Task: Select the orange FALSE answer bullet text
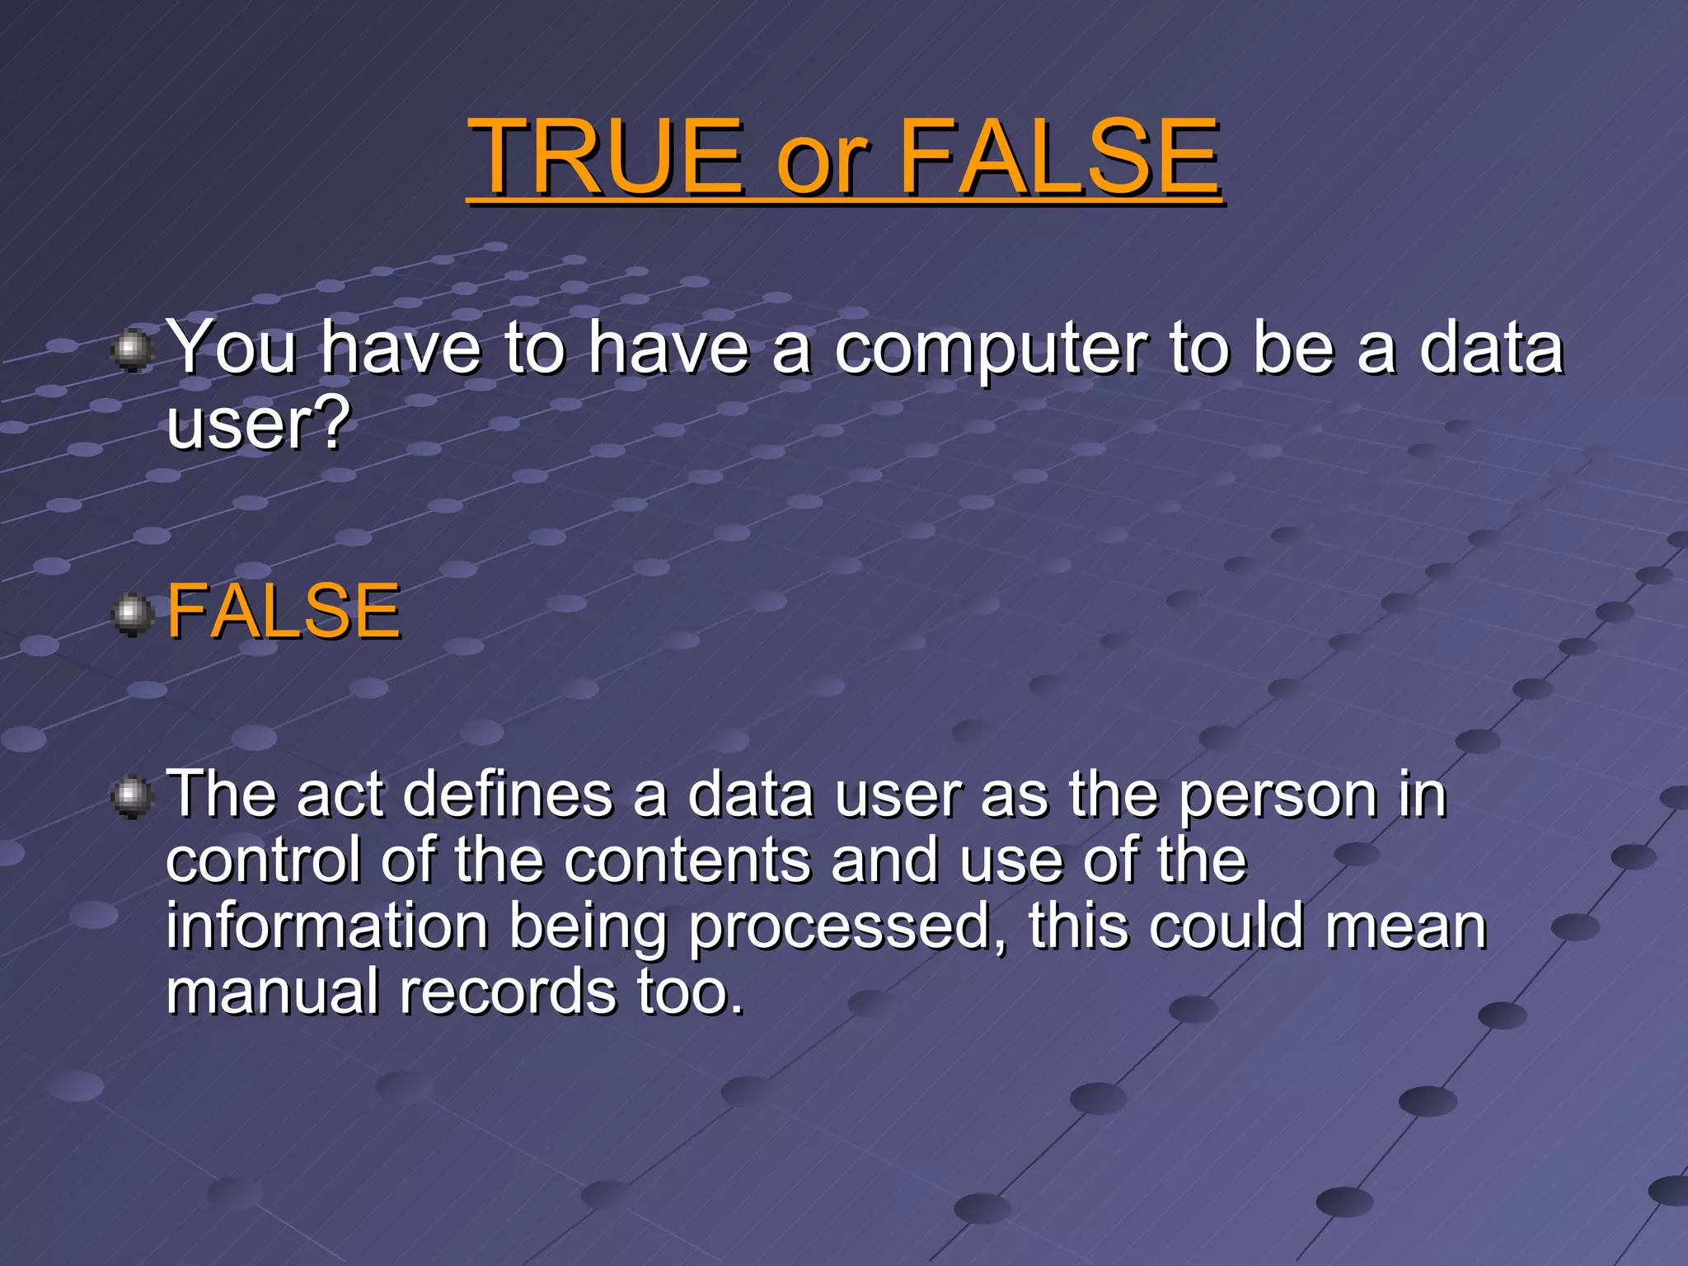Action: [x=284, y=612]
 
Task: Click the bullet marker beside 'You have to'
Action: [x=131, y=352]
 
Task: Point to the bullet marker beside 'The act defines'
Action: [x=131, y=797]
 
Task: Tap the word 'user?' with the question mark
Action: [x=259, y=424]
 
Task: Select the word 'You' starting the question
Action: [x=232, y=348]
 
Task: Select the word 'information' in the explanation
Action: [x=327, y=926]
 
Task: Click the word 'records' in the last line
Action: [x=508, y=992]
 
